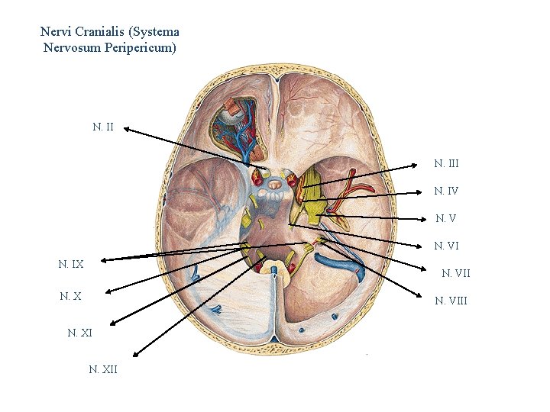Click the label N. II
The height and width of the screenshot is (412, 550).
(x=103, y=127)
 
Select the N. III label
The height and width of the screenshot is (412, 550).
(x=446, y=163)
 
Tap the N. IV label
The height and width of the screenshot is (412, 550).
(x=446, y=191)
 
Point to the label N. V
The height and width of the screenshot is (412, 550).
(x=446, y=218)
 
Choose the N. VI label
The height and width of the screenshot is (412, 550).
(x=446, y=246)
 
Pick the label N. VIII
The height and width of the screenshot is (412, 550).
(x=451, y=301)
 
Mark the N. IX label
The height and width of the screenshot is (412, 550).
(x=71, y=264)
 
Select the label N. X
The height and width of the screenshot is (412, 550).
(x=70, y=296)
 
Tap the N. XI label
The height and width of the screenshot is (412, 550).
(x=79, y=333)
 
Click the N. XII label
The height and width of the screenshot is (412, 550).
(x=102, y=369)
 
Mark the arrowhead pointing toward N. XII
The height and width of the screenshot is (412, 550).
(x=135, y=355)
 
